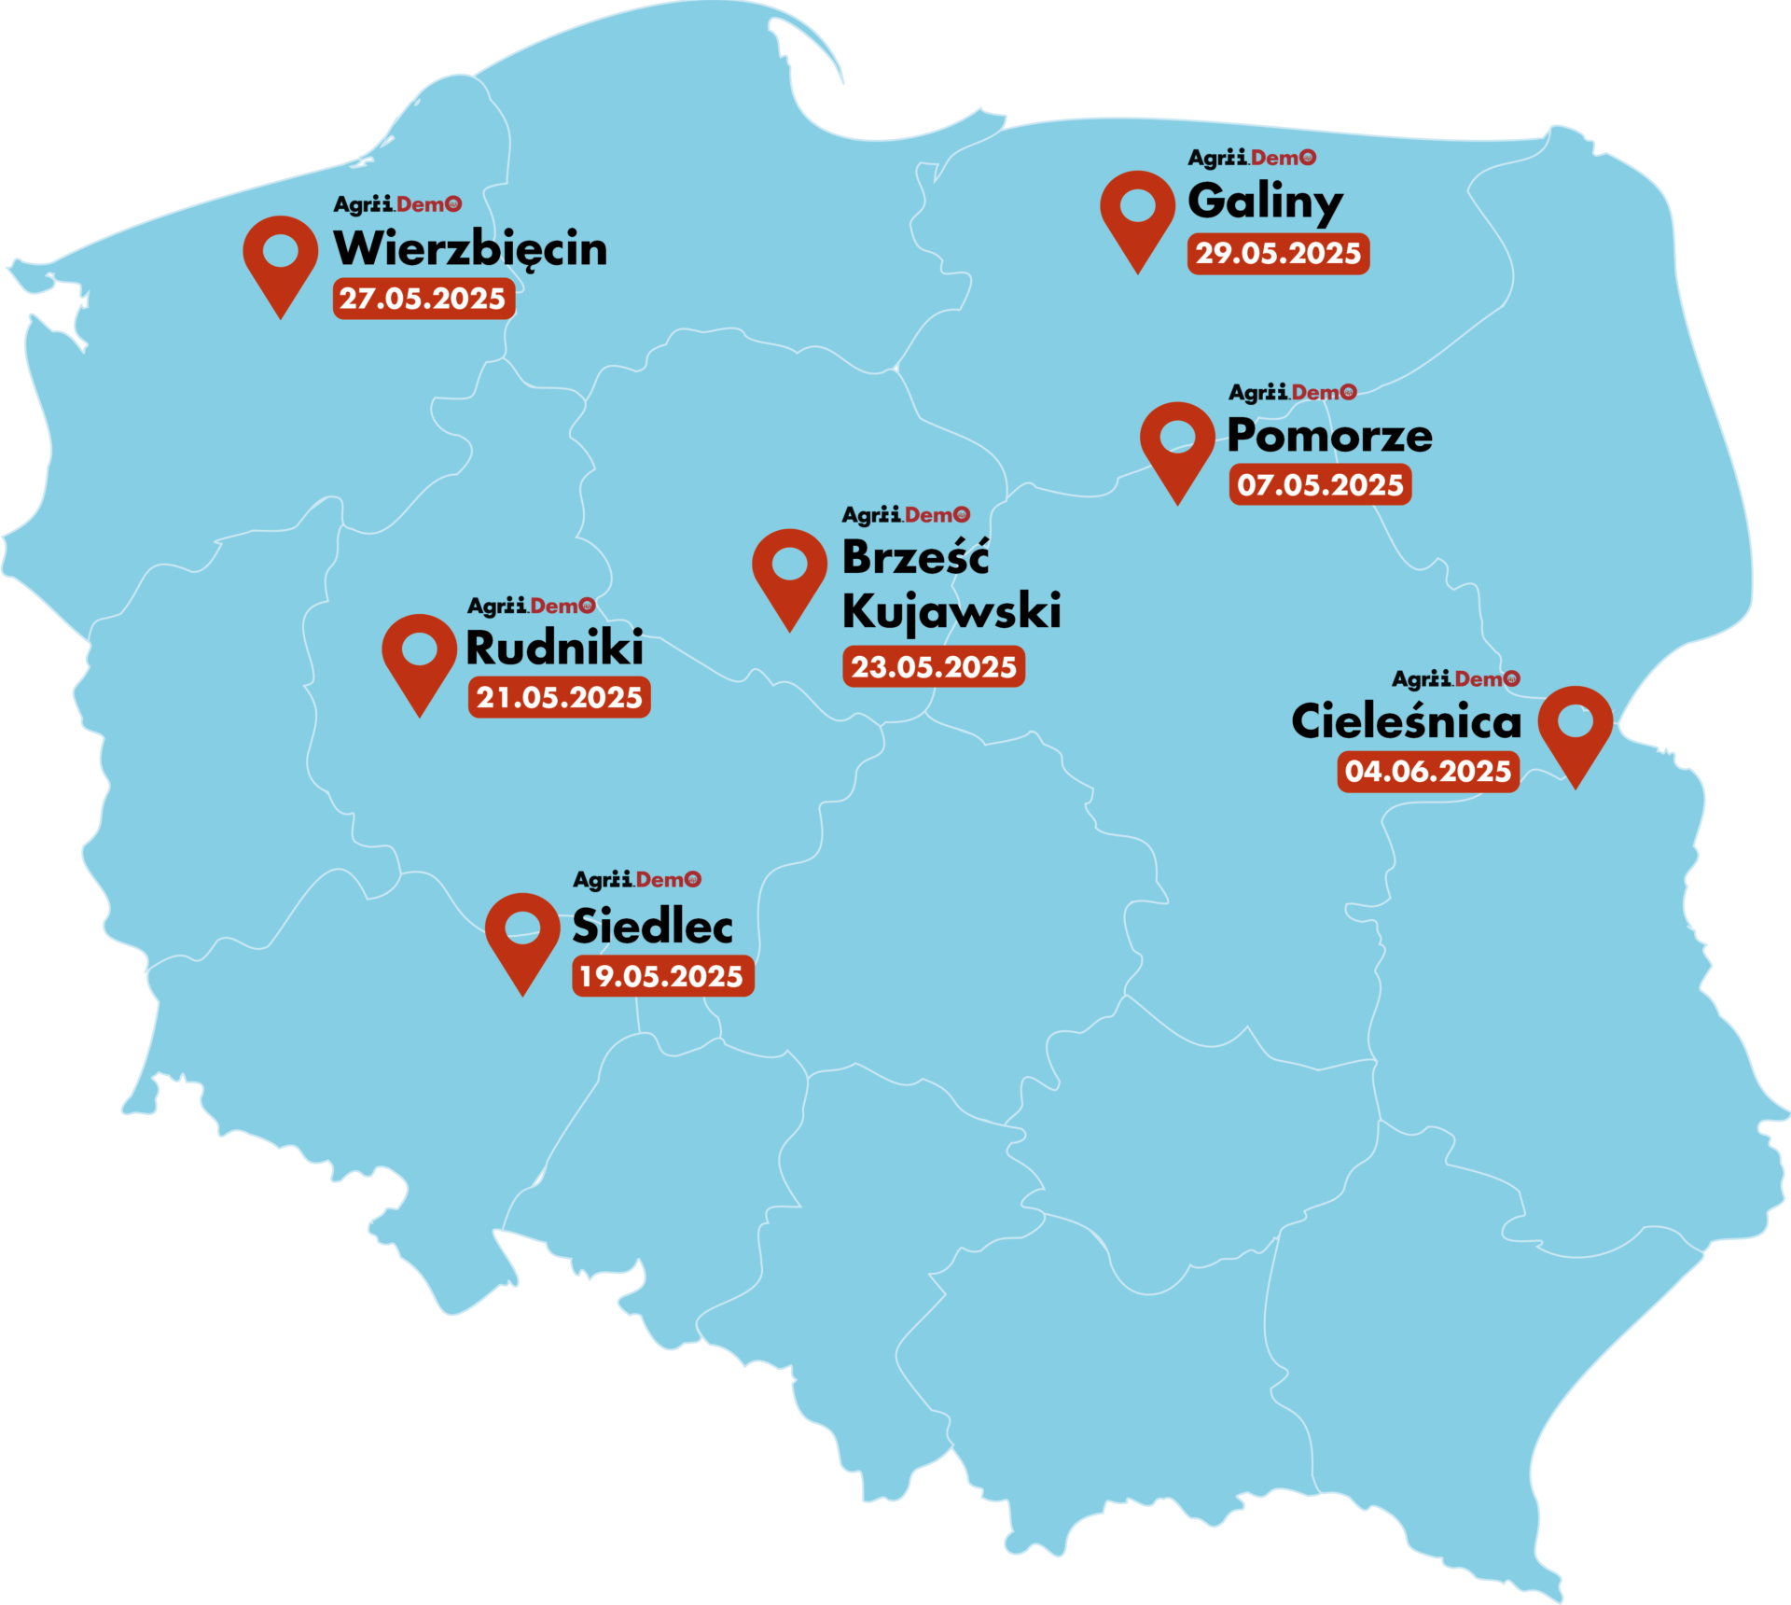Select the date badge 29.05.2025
click(1278, 254)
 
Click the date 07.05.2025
click(1320, 485)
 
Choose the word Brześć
click(915, 558)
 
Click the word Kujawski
click(951, 612)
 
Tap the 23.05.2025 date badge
click(934, 667)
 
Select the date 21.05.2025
click(559, 698)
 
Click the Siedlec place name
click(652, 927)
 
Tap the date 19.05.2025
click(662, 977)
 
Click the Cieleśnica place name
click(1406, 722)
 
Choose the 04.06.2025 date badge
click(1428, 772)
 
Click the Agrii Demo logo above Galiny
click(1252, 158)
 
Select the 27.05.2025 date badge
click(423, 299)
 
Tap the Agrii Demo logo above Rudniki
click(531, 607)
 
